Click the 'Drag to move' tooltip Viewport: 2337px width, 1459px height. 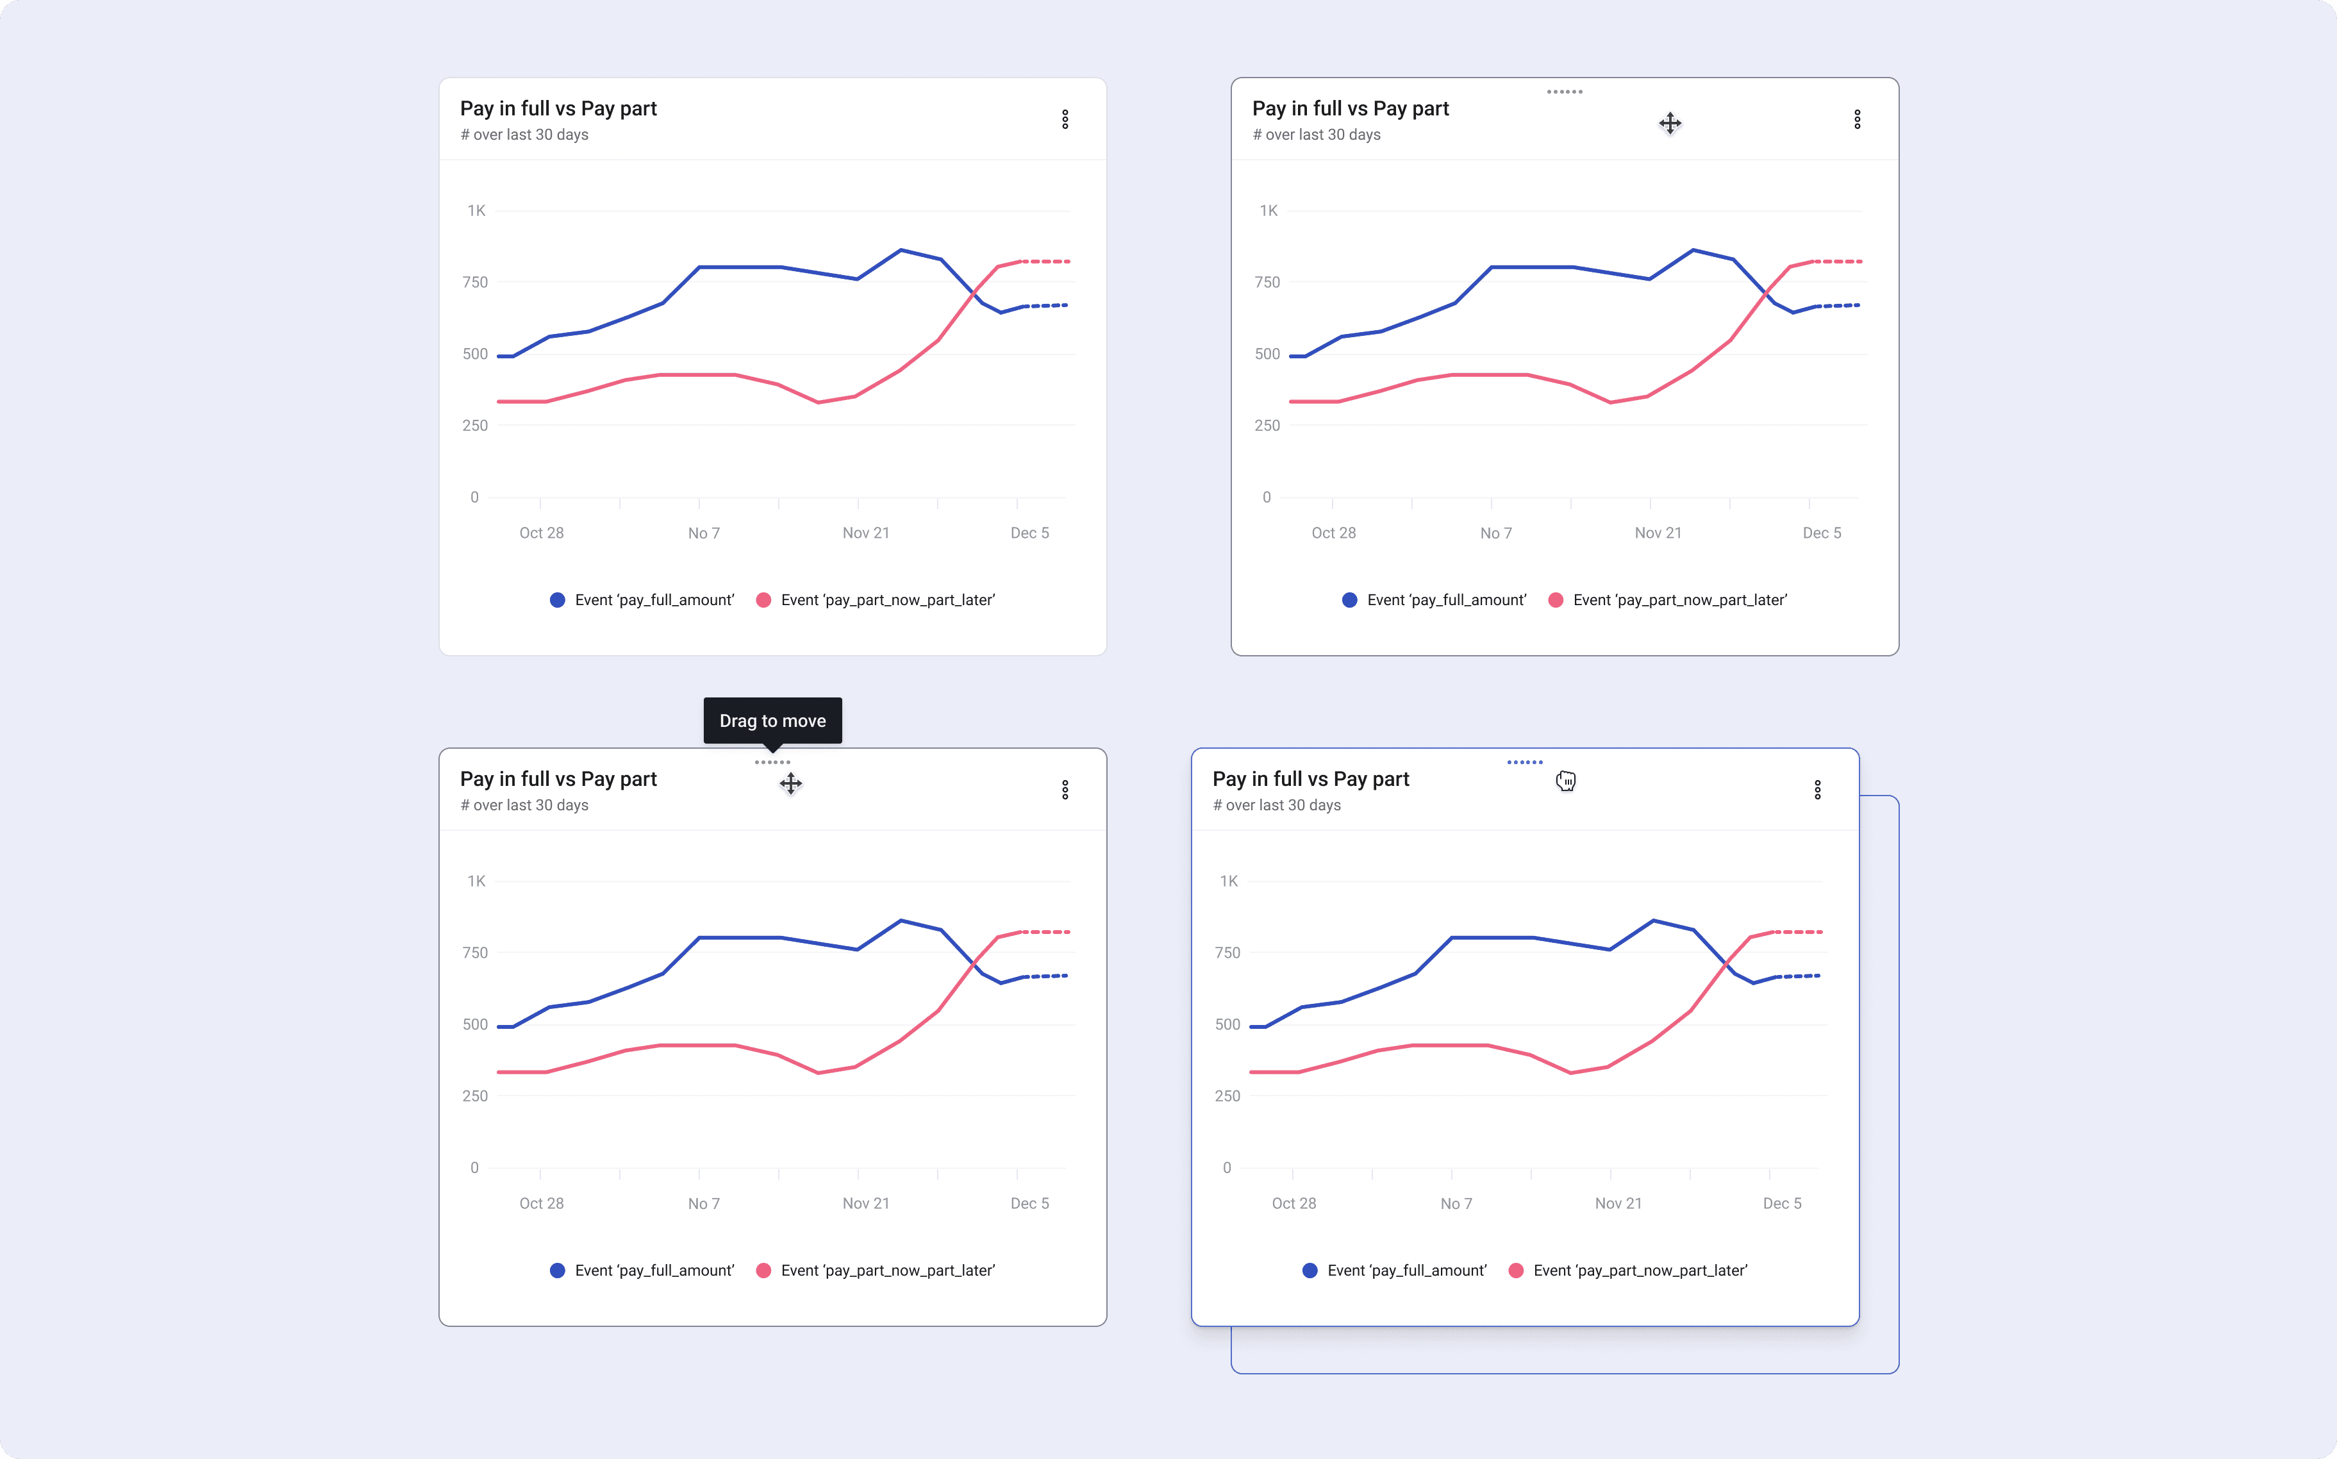click(x=772, y=721)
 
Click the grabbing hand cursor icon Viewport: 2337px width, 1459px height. click(x=1565, y=781)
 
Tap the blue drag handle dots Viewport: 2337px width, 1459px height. click(x=1524, y=762)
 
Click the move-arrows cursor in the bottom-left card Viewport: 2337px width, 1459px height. click(x=790, y=783)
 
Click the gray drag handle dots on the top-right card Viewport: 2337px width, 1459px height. click(x=1564, y=92)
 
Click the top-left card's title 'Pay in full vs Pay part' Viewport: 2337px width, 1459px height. click(x=559, y=108)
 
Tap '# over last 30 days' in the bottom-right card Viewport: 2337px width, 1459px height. click(x=1277, y=805)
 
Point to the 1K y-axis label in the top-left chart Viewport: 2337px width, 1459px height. click(x=477, y=210)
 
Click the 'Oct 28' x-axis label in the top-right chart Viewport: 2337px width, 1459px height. click(x=1333, y=533)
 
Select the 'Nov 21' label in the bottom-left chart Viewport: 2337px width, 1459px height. click(x=865, y=1203)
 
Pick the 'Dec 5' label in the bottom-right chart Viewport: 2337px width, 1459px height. click(x=1782, y=1203)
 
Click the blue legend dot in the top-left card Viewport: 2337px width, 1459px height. click(x=558, y=600)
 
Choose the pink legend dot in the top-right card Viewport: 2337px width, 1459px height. click(x=1556, y=600)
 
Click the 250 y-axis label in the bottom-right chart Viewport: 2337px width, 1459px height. click(x=1227, y=1096)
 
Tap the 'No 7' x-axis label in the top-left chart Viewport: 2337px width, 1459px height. click(x=703, y=533)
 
